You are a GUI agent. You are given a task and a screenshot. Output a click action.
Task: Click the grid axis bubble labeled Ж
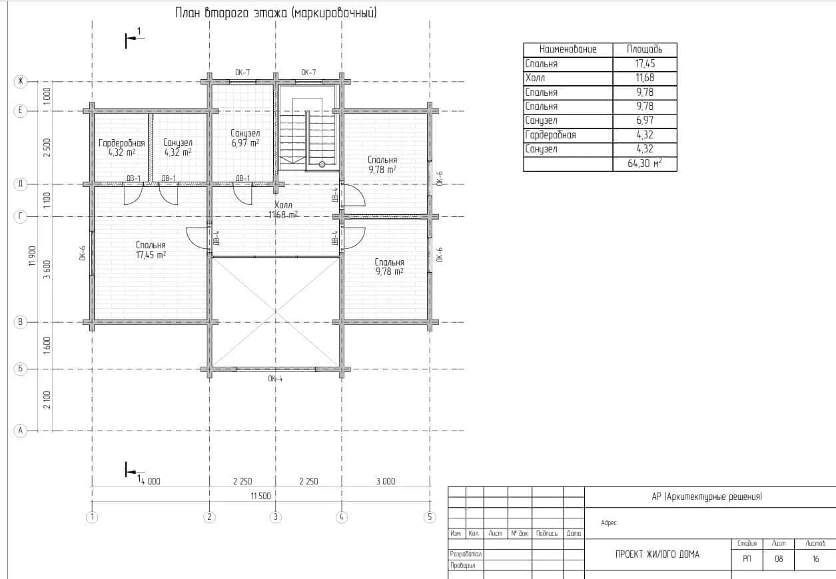pos(21,81)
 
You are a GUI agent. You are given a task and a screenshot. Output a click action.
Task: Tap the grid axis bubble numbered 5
pos(430,517)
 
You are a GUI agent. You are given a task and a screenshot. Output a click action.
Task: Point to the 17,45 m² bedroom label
pos(151,250)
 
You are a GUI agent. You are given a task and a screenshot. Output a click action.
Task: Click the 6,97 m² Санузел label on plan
pos(245,138)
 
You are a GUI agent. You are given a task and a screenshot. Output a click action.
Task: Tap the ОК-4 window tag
pos(275,379)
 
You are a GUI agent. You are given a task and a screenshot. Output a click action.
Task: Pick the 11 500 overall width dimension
pos(261,496)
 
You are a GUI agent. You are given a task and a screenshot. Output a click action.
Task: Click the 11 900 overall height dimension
pos(33,256)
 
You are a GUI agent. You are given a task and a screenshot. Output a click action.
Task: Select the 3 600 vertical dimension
pos(47,270)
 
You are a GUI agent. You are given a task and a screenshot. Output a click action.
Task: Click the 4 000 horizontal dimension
pos(151,481)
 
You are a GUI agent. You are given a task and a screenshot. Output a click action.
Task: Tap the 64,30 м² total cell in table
pos(645,163)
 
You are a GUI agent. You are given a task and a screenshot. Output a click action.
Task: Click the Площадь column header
pos(645,49)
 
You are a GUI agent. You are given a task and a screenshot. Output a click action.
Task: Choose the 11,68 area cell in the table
pos(645,78)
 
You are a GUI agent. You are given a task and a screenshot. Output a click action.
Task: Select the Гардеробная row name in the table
pos(550,135)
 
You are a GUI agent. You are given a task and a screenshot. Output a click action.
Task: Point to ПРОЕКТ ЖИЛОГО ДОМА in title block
pos(657,554)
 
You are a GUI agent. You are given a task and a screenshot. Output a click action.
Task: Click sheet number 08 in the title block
pos(779,558)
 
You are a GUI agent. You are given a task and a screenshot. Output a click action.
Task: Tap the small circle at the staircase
pos(322,164)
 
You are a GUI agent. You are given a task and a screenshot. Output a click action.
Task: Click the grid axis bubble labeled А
pos(21,431)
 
